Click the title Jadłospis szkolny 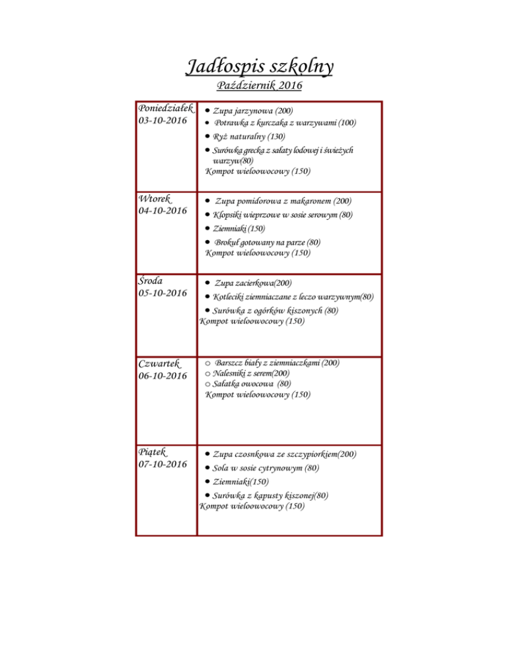(258, 66)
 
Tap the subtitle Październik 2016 (258, 86)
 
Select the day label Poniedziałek (165, 108)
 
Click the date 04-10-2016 (163, 211)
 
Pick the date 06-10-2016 (163, 376)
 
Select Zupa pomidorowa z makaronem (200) (283, 201)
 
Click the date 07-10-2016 (163, 465)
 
